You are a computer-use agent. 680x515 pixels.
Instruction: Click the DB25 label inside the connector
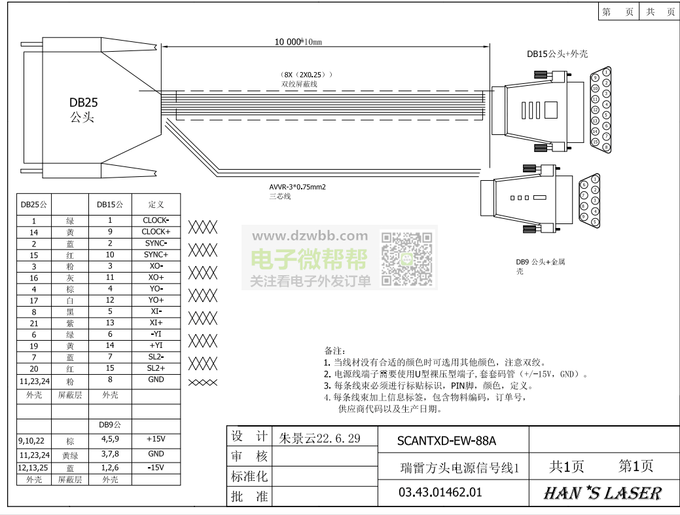tap(84, 102)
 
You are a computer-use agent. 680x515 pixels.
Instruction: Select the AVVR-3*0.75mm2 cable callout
tap(297, 187)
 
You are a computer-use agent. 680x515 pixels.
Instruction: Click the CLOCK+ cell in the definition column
tap(156, 232)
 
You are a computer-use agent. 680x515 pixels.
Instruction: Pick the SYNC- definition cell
tap(156, 243)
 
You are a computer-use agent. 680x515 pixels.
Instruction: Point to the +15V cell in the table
tap(156, 440)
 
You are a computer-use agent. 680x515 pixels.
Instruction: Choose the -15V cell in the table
tap(156, 468)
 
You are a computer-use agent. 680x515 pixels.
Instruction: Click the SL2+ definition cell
tap(156, 368)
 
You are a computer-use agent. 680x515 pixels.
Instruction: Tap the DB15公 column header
tap(110, 204)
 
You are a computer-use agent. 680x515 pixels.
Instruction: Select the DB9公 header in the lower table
tap(110, 425)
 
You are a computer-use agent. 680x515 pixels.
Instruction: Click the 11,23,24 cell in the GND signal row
tap(34, 380)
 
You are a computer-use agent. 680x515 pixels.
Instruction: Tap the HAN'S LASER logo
tap(602, 493)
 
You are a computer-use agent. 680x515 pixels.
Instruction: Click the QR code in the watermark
tap(406, 259)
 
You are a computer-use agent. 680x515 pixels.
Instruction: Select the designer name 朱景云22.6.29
tap(320, 438)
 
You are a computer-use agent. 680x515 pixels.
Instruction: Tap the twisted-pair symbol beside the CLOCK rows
tap(203, 227)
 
